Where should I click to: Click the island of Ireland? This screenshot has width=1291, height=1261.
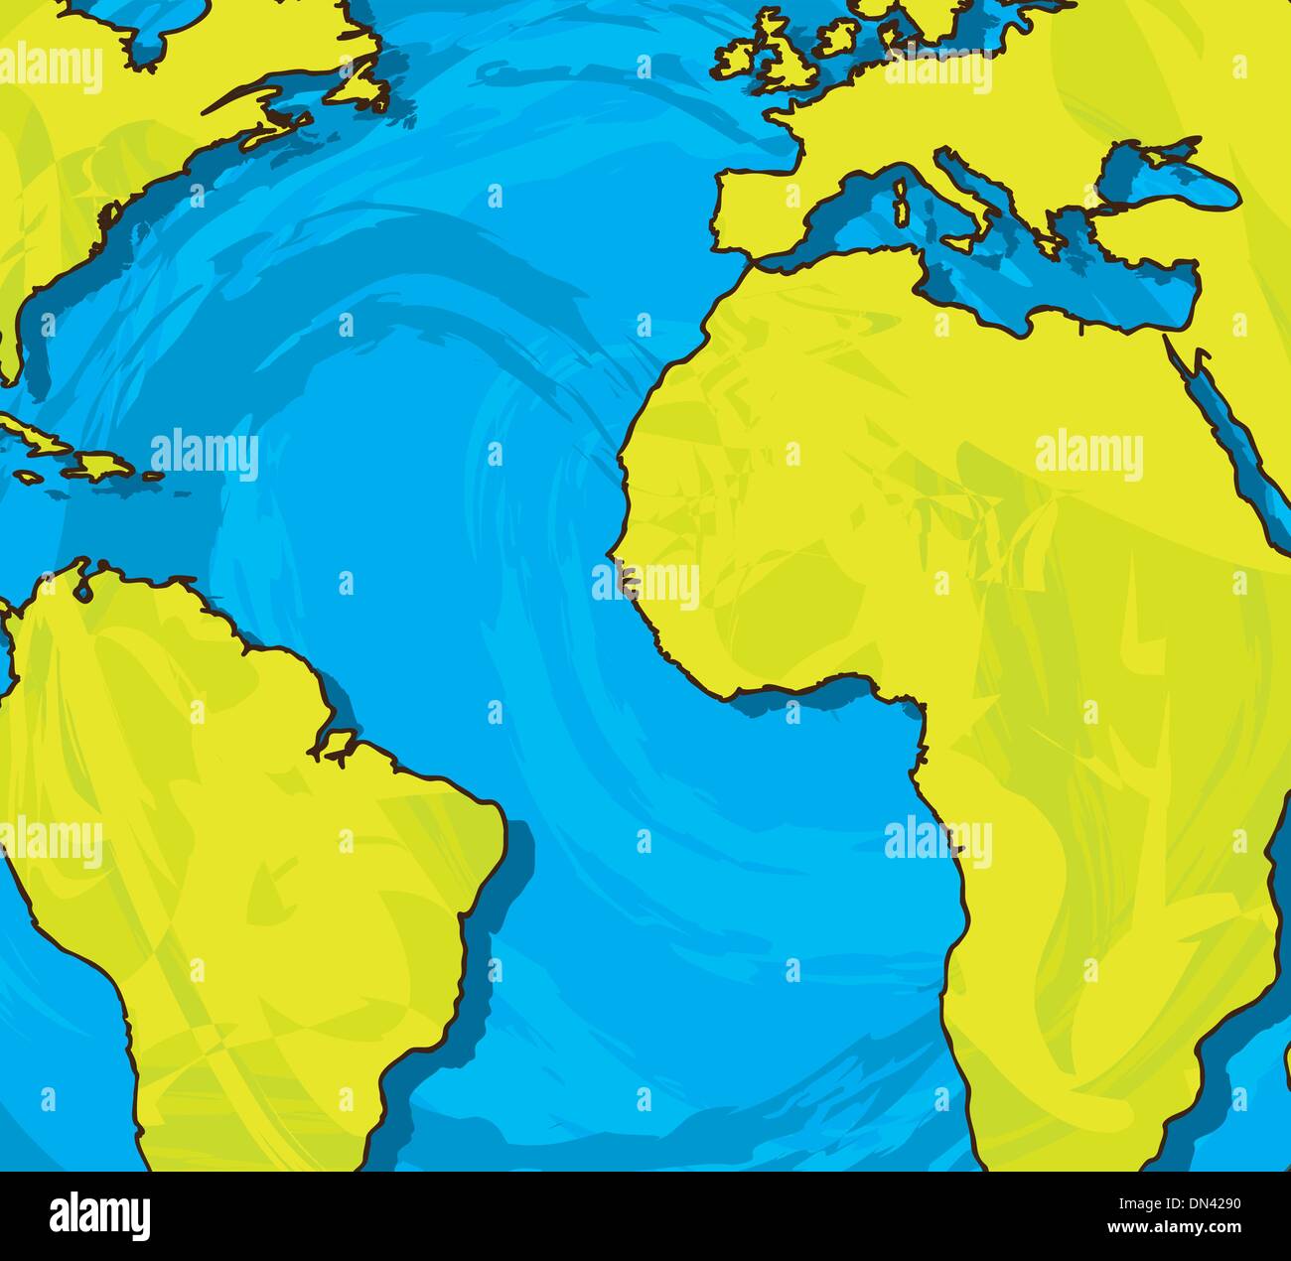point(736,58)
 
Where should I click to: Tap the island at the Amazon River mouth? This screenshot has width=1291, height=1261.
point(334,743)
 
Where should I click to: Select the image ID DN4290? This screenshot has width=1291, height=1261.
point(1196,1207)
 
